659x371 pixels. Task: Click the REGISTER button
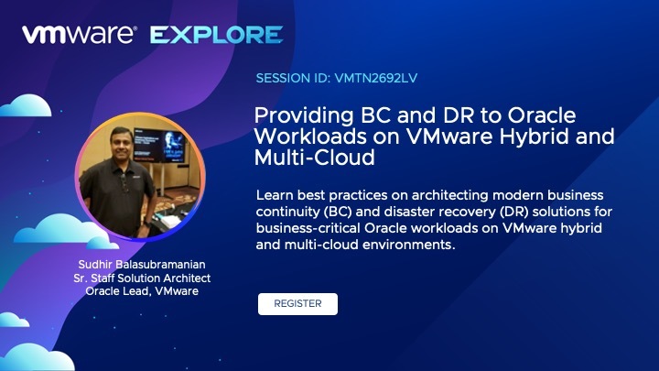tap(297, 304)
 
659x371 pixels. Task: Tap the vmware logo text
tap(80, 35)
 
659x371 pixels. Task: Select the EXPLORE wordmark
tap(216, 35)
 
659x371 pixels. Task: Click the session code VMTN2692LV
tap(376, 78)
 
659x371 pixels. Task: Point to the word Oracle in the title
tap(542, 115)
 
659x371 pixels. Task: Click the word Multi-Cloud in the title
tap(314, 158)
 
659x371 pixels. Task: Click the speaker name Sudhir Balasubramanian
tap(142, 265)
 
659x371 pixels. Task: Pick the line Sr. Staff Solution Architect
tap(142, 278)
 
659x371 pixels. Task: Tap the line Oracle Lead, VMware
tap(142, 291)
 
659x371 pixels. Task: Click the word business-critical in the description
tap(308, 228)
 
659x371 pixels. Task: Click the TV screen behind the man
tap(159, 145)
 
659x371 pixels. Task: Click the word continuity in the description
tap(288, 212)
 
